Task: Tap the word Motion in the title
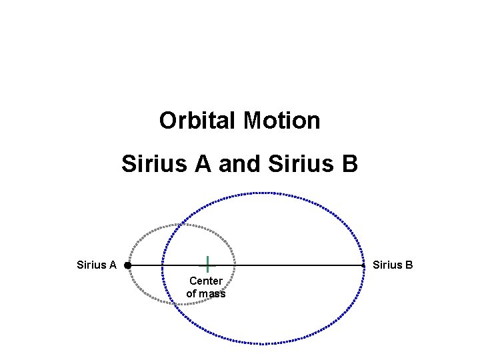[282, 121]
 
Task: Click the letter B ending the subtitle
[349, 163]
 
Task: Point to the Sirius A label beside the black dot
[97, 265]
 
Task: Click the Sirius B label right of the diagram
[393, 265]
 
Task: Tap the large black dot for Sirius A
[127, 265]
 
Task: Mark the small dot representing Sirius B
[363, 265]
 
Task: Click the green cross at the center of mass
[207, 264]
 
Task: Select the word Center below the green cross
[206, 281]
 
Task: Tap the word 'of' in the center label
[191, 293]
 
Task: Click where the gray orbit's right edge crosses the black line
[234, 265]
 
